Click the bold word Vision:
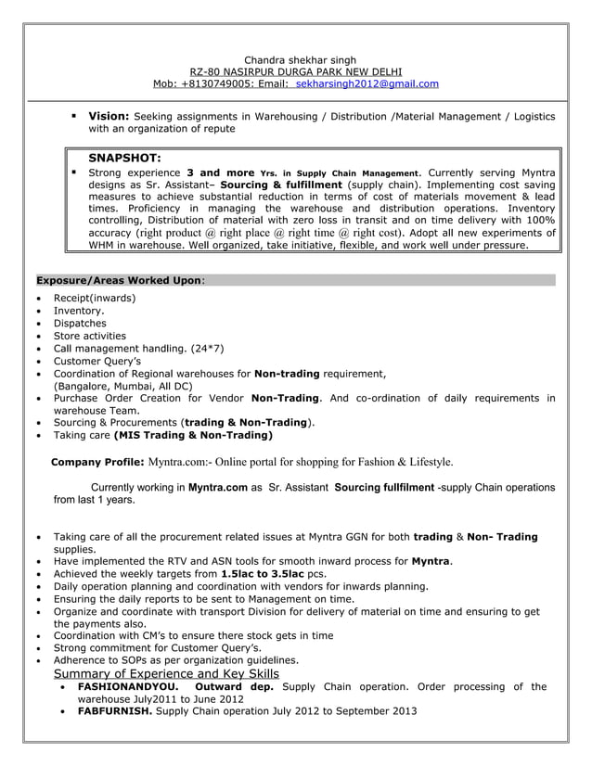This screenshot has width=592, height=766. tap(109, 116)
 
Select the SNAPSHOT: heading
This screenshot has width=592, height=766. tap(125, 159)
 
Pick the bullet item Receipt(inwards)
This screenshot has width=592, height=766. tap(94, 298)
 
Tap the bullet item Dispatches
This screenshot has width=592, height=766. tap(80, 324)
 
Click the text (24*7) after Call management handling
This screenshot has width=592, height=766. tap(206, 349)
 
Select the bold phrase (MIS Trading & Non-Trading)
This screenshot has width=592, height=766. tap(193, 435)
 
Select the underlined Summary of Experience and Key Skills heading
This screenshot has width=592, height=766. tap(166, 673)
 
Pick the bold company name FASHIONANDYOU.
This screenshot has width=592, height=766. tap(128, 687)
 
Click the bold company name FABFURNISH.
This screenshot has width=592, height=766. tap(115, 711)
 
